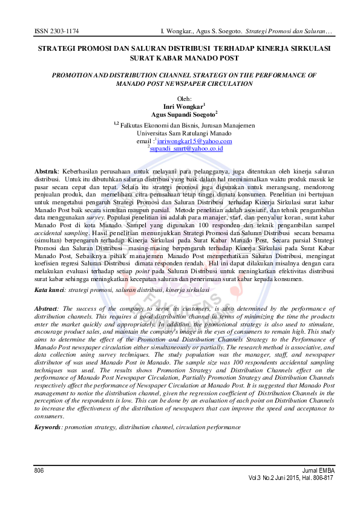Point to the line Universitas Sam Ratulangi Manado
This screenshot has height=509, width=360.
[x=180, y=132]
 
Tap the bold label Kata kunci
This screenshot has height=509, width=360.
[x=50, y=291]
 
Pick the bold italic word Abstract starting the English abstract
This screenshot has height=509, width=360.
[x=48, y=308]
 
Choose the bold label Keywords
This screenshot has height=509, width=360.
[x=48, y=427]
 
